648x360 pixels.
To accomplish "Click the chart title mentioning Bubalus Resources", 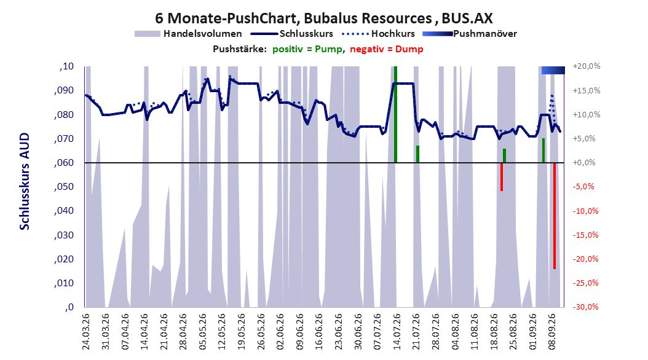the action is (x=323, y=18).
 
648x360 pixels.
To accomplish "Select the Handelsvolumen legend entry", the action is (x=188, y=34).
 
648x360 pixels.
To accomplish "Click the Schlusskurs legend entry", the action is (x=292, y=34).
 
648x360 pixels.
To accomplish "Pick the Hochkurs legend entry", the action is (x=378, y=34).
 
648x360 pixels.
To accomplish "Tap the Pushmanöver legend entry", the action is (x=470, y=34).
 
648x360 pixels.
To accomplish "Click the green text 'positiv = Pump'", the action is (x=307, y=49).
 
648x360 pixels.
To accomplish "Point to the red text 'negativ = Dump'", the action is (x=387, y=49).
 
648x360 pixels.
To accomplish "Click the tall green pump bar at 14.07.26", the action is (x=395, y=114).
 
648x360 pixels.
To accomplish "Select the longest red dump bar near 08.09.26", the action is (x=555, y=216).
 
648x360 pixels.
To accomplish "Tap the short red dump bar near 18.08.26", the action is (x=502, y=177).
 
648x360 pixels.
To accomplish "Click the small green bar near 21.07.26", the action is (x=418, y=154).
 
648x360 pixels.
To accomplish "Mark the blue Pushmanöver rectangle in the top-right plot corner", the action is (x=553, y=70).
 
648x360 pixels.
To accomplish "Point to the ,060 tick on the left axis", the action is (x=64, y=163).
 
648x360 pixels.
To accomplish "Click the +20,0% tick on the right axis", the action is (x=587, y=66).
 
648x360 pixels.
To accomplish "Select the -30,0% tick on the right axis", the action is (x=585, y=307).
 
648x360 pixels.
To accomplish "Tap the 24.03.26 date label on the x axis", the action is (x=86, y=332).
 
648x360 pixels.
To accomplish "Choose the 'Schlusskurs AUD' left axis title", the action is (x=25, y=181).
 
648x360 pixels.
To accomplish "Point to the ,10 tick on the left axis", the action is (x=66, y=66).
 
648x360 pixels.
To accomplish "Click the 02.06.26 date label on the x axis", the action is (x=280, y=332).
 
